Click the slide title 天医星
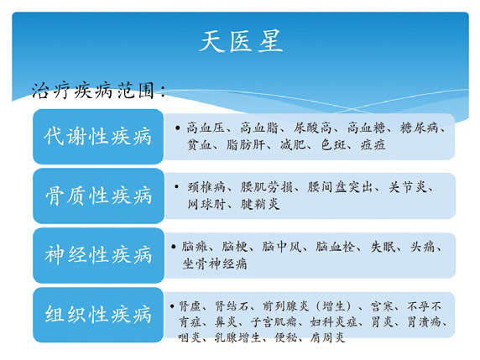tap(241, 41)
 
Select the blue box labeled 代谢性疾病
tap(98, 136)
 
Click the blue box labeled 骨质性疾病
tap(98, 196)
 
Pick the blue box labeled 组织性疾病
tap(98, 315)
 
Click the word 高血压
tap(204, 128)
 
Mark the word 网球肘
tap(205, 204)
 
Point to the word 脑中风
tap(282, 247)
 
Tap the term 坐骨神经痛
tap(215, 263)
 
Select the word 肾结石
tap(237, 305)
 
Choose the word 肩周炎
tap(328, 337)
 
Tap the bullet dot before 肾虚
tap(173, 305)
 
